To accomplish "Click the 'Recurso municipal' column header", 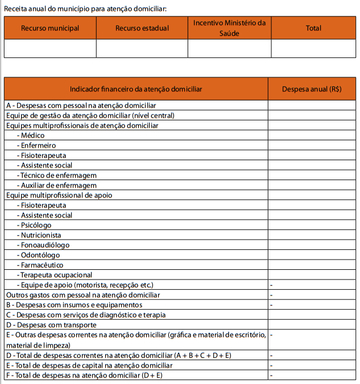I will point(50,28).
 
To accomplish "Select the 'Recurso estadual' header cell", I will point(142,28).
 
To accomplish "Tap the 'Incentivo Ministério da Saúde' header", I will point(229,28).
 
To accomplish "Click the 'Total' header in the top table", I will point(313,28).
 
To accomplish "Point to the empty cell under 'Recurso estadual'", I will point(142,48).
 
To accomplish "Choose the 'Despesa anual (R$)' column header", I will point(312,89).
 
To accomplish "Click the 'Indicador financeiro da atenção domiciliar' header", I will point(136,89).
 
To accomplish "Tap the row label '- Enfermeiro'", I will point(35,145).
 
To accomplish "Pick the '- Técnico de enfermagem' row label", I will point(56,175).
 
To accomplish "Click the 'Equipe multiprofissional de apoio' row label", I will point(59,195).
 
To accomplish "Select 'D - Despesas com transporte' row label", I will point(49,324).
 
